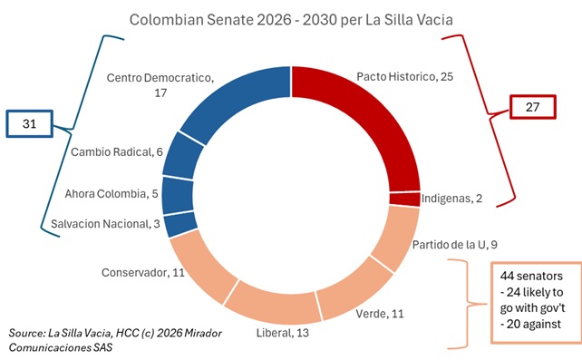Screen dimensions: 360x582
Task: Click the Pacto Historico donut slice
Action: tap(381, 118)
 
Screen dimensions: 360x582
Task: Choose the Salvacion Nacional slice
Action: tap(181, 223)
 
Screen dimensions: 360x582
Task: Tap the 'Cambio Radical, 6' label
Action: tap(117, 151)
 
